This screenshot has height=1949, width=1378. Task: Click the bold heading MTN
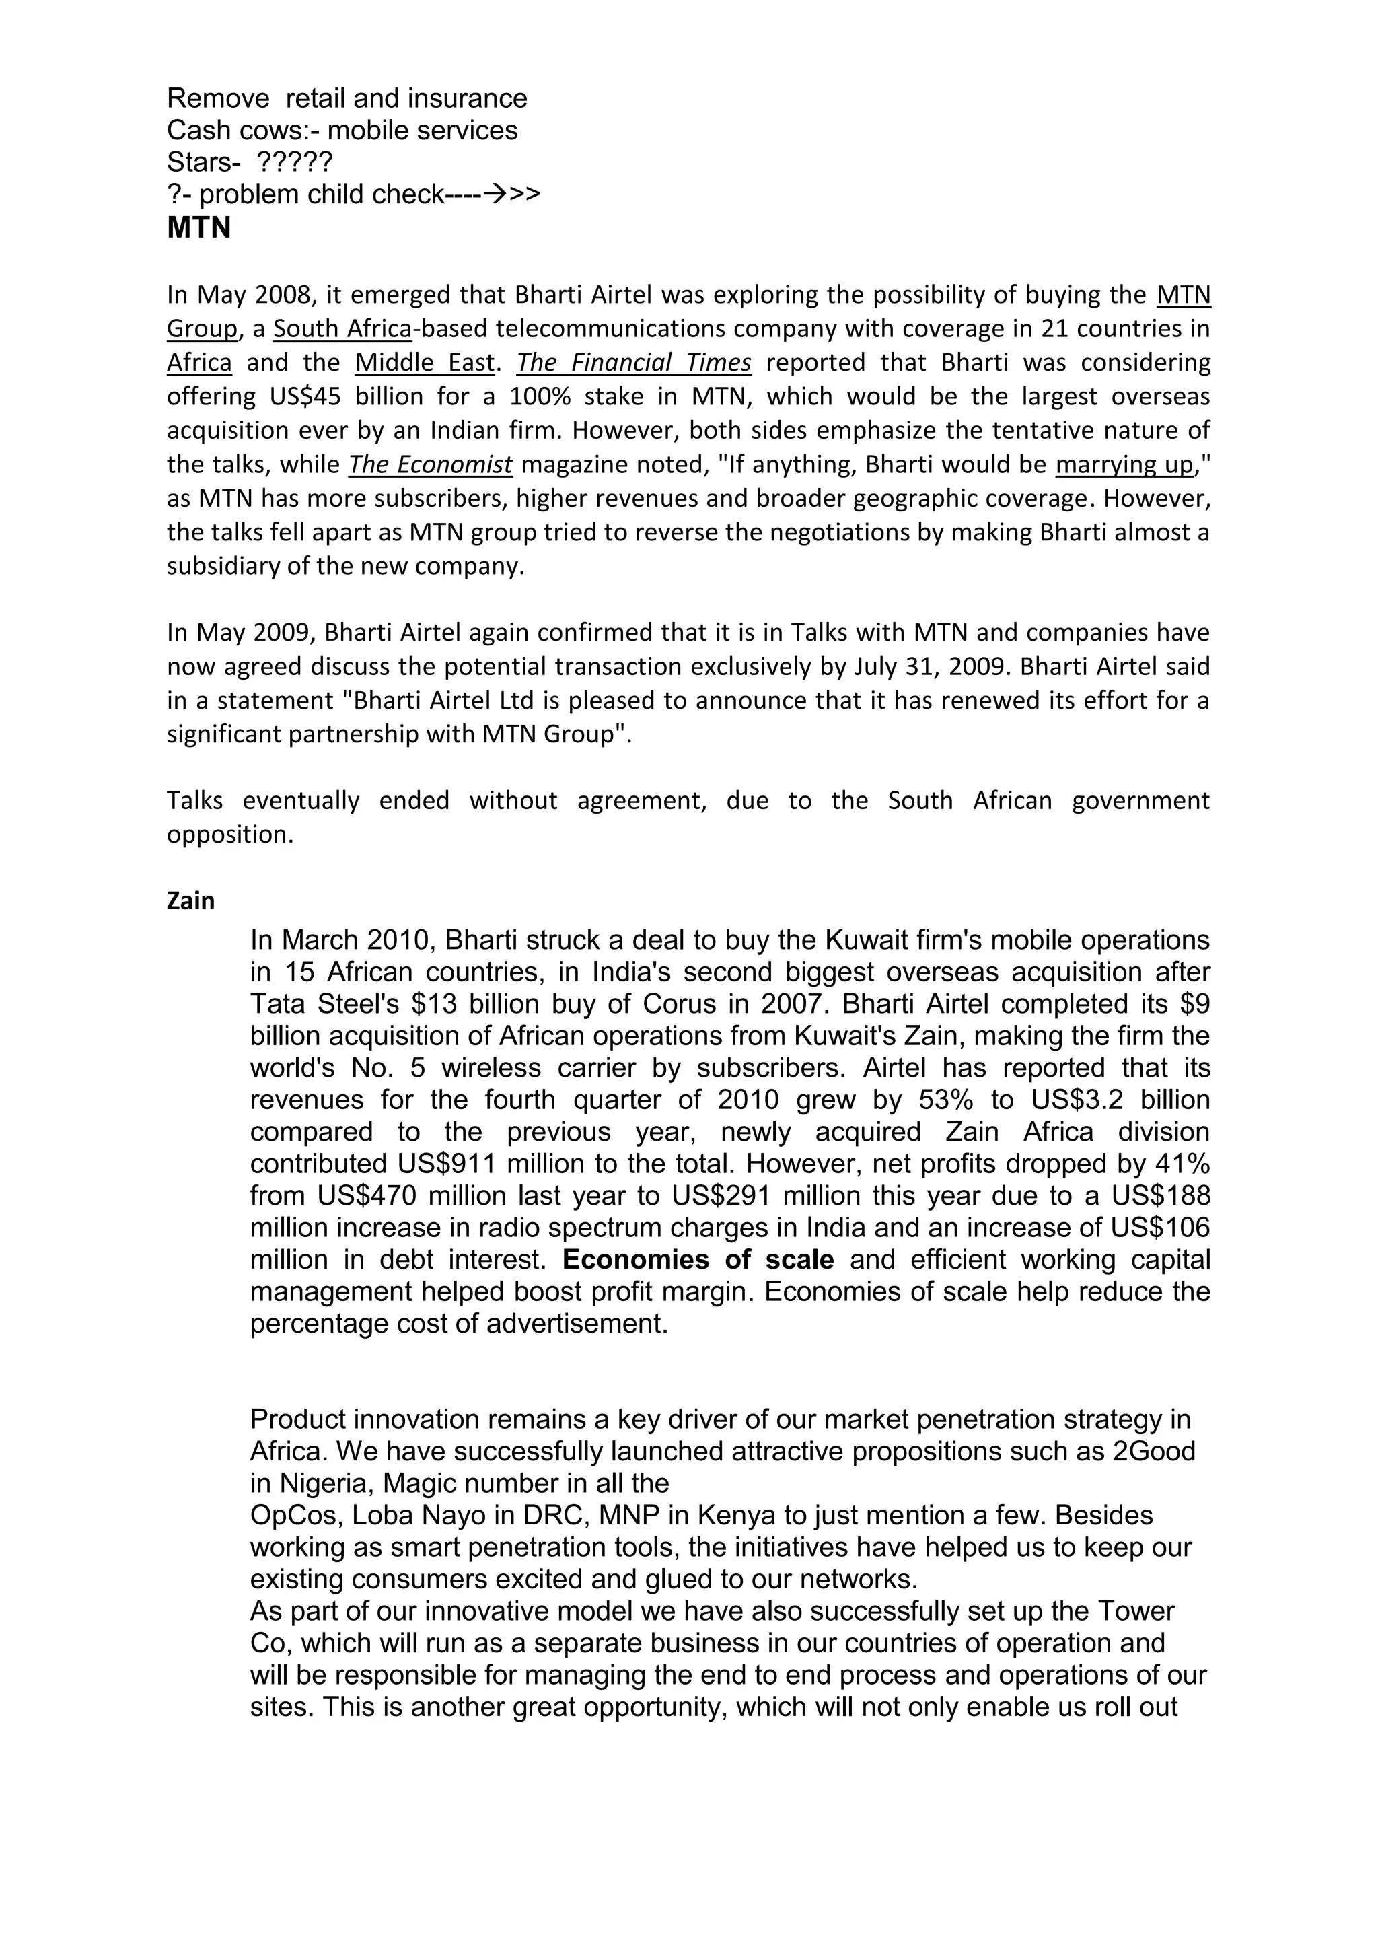(198, 228)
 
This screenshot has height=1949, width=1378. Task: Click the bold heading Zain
(191, 900)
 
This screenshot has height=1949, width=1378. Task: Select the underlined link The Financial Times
(634, 363)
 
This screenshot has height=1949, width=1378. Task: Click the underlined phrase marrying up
(1124, 464)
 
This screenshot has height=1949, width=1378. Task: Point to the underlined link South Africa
(342, 328)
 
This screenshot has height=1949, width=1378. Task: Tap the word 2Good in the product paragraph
(1153, 1451)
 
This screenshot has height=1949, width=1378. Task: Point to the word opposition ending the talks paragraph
(229, 835)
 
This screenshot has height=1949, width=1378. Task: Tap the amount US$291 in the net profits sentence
(719, 1196)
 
